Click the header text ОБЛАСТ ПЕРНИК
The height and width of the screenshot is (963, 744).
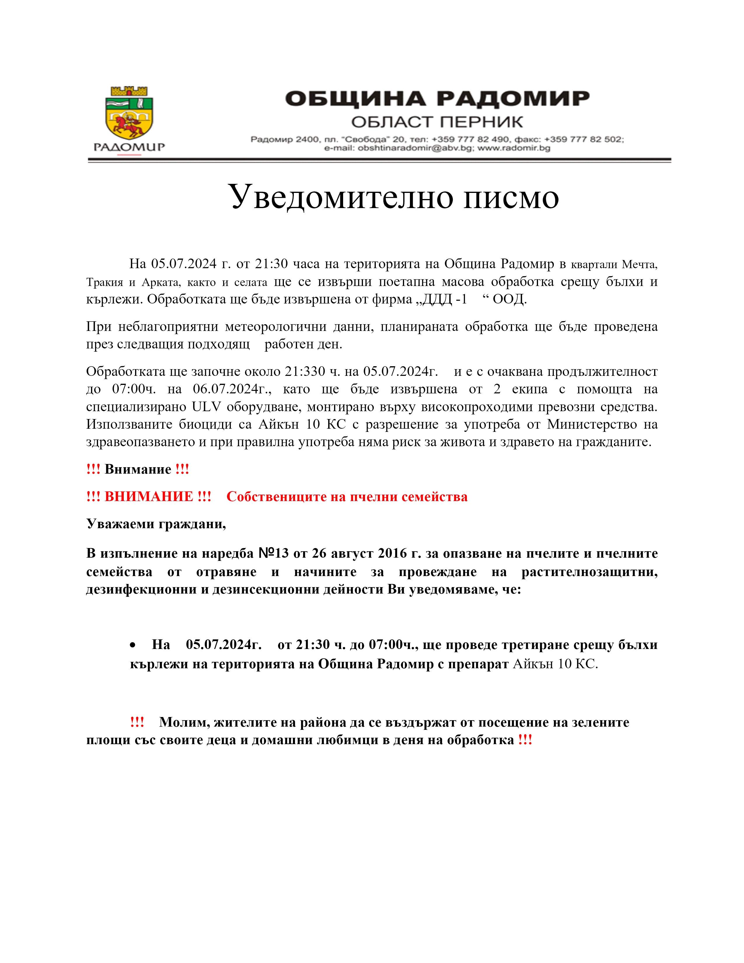pyautogui.click(x=437, y=122)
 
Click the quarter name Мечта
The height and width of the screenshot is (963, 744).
pyautogui.click(x=639, y=265)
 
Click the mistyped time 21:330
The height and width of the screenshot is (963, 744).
pyautogui.click(x=305, y=371)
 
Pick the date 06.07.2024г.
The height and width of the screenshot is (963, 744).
pyautogui.click(x=232, y=389)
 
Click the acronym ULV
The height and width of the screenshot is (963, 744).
pyautogui.click(x=206, y=407)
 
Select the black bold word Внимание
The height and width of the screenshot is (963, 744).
pyautogui.click(x=138, y=469)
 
